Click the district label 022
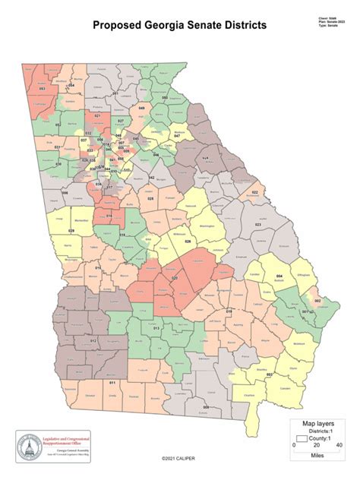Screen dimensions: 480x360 pos(254,193)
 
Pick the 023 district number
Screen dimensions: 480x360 pos(257,225)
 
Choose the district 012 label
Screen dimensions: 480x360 pos(93,341)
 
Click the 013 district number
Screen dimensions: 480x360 pos(156,327)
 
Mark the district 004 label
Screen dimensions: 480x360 pos(279,276)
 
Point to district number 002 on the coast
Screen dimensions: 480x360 pos(317,302)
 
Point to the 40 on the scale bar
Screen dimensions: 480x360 pos(338,445)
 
